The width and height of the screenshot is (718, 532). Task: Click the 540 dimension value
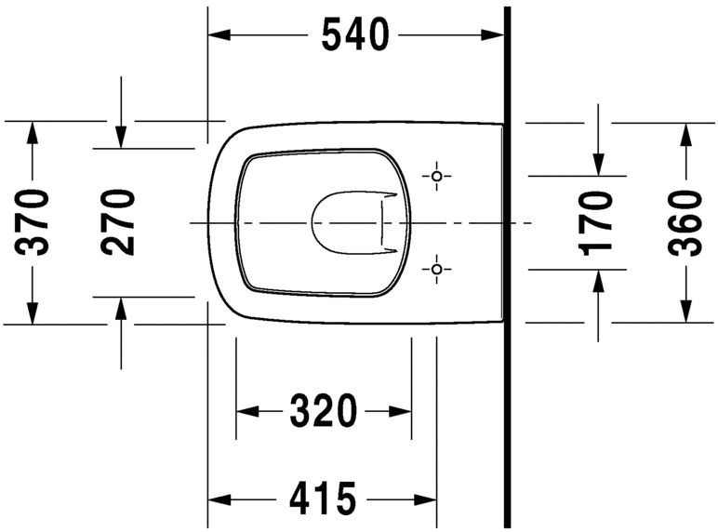354,35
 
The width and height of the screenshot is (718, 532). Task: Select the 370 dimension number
34,222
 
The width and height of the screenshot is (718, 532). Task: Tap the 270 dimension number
119,222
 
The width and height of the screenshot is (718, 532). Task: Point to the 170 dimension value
596,222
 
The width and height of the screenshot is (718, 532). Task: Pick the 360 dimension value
685,222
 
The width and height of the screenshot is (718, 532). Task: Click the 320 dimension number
323,410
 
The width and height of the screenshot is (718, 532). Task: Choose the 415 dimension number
323,499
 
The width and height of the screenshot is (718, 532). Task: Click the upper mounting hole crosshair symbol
437,176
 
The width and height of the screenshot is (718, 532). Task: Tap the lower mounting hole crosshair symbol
437,270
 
